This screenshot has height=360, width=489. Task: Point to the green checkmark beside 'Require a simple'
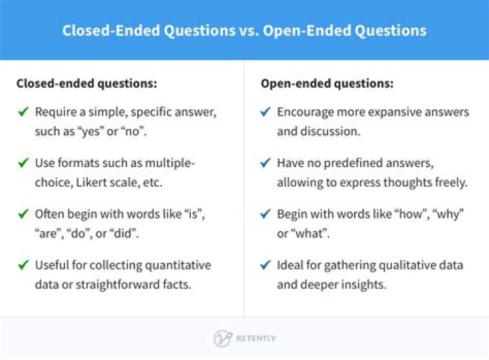[x=23, y=111]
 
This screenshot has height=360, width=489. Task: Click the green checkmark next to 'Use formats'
[x=23, y=163]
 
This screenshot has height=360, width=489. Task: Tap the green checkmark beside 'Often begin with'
[x=23, y=214]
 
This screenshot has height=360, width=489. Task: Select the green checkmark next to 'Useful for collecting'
[x=23, y=265]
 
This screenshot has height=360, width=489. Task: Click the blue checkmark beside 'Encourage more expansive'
[x=265, y=111]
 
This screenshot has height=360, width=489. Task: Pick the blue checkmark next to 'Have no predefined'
[x=265, y=163]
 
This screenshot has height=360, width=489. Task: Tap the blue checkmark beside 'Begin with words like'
[x=265, y=214]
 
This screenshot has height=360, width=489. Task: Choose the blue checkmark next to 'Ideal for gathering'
[x=265, y=265]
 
